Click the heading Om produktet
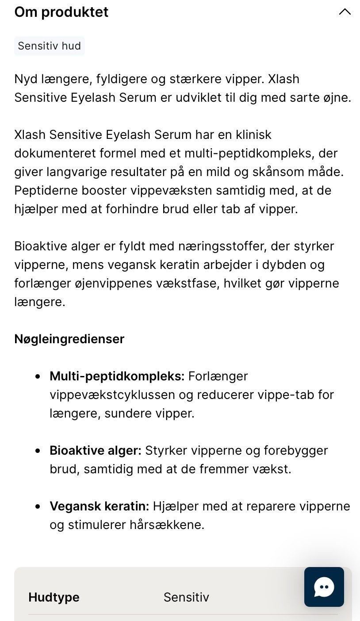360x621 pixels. click(x=61, y=12)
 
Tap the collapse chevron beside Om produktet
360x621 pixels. click(x=345, y=12)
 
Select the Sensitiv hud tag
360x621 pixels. click(x=49, y=46)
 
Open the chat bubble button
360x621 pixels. click(x=324, y=587)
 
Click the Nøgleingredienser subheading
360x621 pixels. click(x=69, y=339)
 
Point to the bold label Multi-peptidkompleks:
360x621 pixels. click(x=117, y=376)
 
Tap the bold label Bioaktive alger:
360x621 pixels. click(x=95, y=450)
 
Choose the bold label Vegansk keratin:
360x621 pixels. click(x=99, y=506)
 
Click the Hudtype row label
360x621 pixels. click(x=54, y=597)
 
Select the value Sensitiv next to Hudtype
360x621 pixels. click(x=186, y=597)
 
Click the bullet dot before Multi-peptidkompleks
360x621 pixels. click(x=38, y=376)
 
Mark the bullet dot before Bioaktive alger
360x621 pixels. click(x=38, y=451)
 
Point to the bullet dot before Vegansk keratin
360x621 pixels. click(x=38, y=506)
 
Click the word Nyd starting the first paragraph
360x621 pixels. click(x=26, y=79)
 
